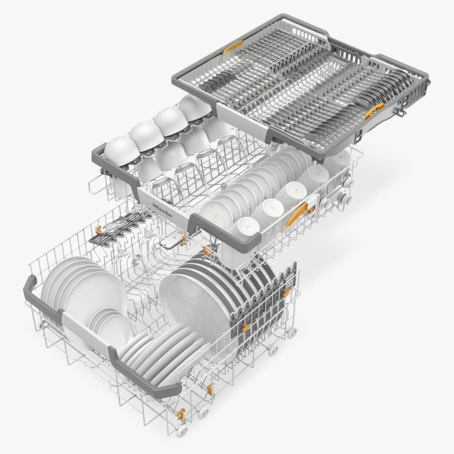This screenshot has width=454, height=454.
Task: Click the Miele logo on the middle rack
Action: [162, 210]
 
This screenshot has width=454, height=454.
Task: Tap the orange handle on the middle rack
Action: [296, 214]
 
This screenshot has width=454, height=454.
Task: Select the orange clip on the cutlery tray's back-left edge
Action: [232, 47]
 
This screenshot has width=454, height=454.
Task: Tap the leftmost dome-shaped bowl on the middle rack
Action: [121, 151]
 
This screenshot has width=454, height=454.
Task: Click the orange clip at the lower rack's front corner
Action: [182, 415]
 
